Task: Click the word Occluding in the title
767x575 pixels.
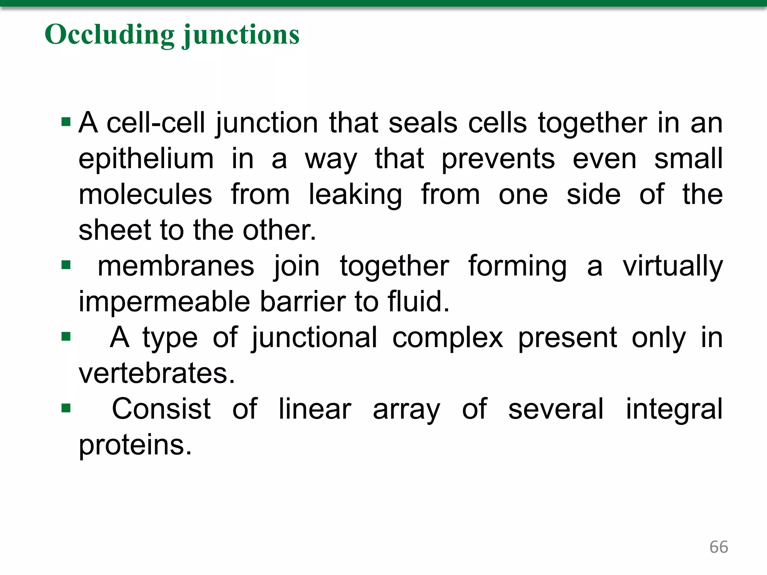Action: (109, 34)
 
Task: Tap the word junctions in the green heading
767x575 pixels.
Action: (241, 34)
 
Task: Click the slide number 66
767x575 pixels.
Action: (718, 547)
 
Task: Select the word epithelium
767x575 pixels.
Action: (146, 159)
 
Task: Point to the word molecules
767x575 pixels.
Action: (145, 195)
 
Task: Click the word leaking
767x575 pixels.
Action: (355, 195)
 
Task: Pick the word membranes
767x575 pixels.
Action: (176, 266)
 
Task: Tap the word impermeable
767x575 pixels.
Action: (164, 302)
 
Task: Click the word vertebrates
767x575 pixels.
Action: (157, 373)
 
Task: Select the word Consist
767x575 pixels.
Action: (161, 409)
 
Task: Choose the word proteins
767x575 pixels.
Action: (135, 445)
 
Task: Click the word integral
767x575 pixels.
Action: (674, 409)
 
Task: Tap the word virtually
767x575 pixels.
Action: (673, 266)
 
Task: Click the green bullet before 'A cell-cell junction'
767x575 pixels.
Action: (66, 122)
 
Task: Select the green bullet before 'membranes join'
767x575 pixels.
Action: (66, 265)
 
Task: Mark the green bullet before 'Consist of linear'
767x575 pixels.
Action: (66, 408)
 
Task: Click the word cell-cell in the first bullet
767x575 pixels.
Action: (156, 123)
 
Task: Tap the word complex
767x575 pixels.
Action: (448, 338)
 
